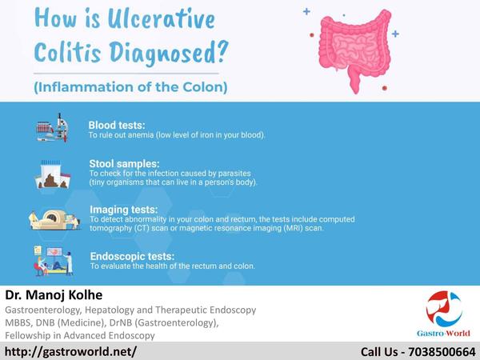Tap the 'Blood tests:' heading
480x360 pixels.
(x=117, y=126)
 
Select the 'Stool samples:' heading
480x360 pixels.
(x=124, y=163)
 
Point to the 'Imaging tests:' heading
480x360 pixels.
(x=124, y=210)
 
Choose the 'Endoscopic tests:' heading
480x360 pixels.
(x=132, y=256)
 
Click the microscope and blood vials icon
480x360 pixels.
(x=52, y=128)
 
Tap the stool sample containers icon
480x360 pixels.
(x=53, y=174)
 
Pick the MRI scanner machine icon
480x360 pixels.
(x=54, y=219)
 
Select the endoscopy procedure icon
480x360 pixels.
(x=54, y=261)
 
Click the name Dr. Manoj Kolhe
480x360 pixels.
(x=54, y=294)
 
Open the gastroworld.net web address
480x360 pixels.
(x=70, y=351)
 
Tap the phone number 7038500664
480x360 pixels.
(x=442, y=352)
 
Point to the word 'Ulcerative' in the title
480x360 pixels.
(x=162, y=19)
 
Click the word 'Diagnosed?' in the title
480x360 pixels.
(x=169, y=53)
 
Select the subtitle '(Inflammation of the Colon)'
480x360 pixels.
(x=130, y=87)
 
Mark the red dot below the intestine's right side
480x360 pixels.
(x=385, y=88)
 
